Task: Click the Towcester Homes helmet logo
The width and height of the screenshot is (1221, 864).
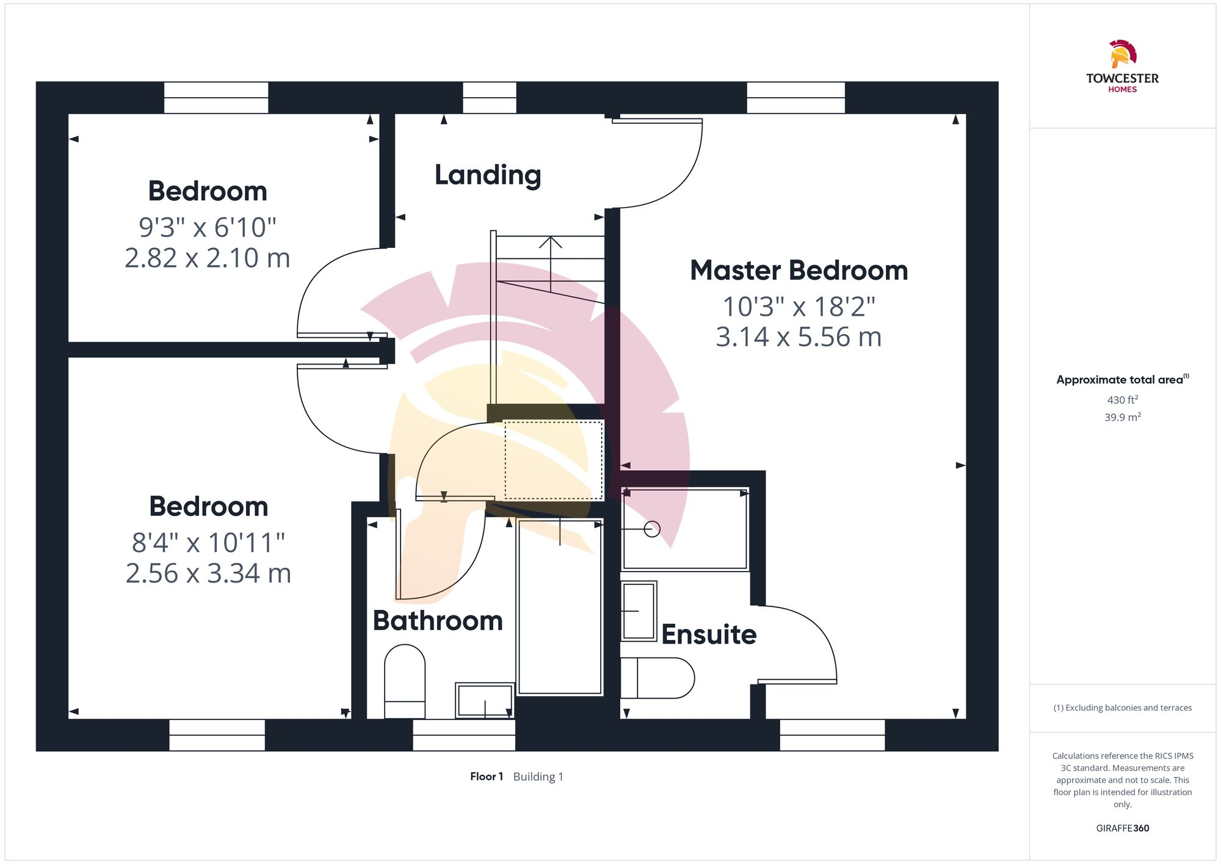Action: point(1122,54)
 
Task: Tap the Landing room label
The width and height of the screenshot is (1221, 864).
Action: point(488,175)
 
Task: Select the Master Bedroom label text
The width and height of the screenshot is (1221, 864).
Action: point(799,270)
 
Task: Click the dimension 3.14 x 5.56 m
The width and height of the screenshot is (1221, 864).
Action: point(799,337)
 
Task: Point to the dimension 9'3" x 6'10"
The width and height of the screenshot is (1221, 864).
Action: point(208,227)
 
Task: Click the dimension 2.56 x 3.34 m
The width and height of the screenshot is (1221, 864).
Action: point(208,573)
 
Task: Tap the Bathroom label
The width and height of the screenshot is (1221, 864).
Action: point(438,621)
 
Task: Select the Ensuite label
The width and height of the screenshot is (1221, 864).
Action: point(709,634)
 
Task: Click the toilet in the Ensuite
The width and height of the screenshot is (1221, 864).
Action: point(658,678)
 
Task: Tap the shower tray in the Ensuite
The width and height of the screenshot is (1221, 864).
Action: point(684,529)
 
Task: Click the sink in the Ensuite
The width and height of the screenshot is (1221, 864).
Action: point(639,611)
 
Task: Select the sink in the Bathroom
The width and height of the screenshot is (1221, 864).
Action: point(485,700)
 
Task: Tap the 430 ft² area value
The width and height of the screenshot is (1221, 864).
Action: point(1122,400)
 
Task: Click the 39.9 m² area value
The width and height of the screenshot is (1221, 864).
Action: point(1122,418)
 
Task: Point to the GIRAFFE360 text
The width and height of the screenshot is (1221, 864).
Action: point(1122,829)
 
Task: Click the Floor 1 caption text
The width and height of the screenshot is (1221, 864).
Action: point(487,777)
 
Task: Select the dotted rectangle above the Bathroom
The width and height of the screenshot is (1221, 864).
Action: point(554,460)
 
